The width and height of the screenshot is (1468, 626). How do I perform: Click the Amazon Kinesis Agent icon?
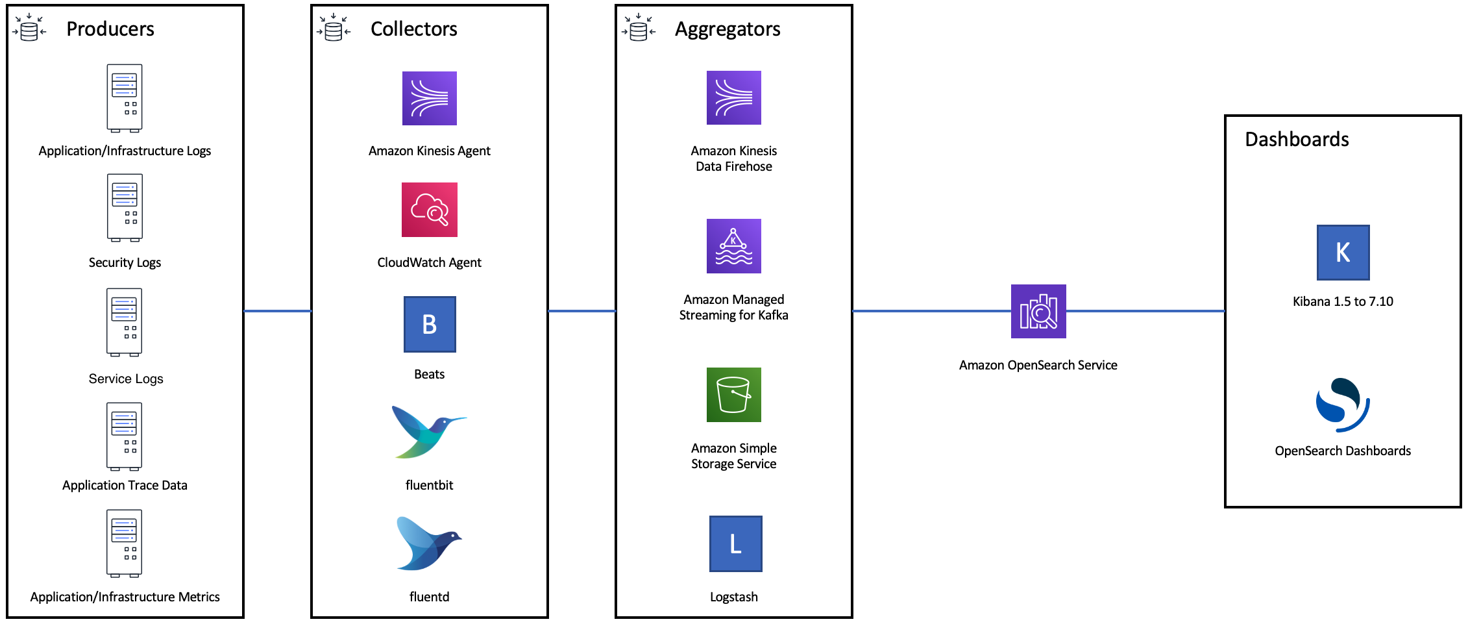click(x=429, y=98)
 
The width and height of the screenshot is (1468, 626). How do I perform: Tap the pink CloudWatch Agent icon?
click(x=429, y=210)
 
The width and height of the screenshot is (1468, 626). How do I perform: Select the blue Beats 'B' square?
click(x=430, y=324)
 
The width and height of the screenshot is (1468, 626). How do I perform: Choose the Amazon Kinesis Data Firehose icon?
click(x=733, y=97)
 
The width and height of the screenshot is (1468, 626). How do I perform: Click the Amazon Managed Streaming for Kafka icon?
click(x=733, y=246)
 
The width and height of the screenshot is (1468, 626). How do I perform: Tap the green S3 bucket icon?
click(x=733, y=395)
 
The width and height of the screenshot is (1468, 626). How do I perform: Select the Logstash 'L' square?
click(x=735, y=544)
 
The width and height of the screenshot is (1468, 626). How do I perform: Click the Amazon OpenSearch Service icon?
click(x=1038, y=311)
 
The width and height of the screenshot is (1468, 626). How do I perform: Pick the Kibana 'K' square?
click(x=1343, y=253)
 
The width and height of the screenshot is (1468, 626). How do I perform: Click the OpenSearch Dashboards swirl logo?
click(x=1342, y=405)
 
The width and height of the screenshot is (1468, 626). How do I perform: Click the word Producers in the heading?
click(x=110, y=29)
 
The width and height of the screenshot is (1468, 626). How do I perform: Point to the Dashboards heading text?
click(x=1297, y=140)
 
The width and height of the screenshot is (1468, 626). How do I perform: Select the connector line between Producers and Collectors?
click(x=278, y=311)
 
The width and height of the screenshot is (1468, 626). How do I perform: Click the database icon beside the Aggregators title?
click(x=639, y=29)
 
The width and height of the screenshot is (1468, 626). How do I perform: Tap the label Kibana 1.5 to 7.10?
click(x=1343, y=301)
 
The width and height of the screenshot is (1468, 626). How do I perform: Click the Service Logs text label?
click(x=126, y=379)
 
